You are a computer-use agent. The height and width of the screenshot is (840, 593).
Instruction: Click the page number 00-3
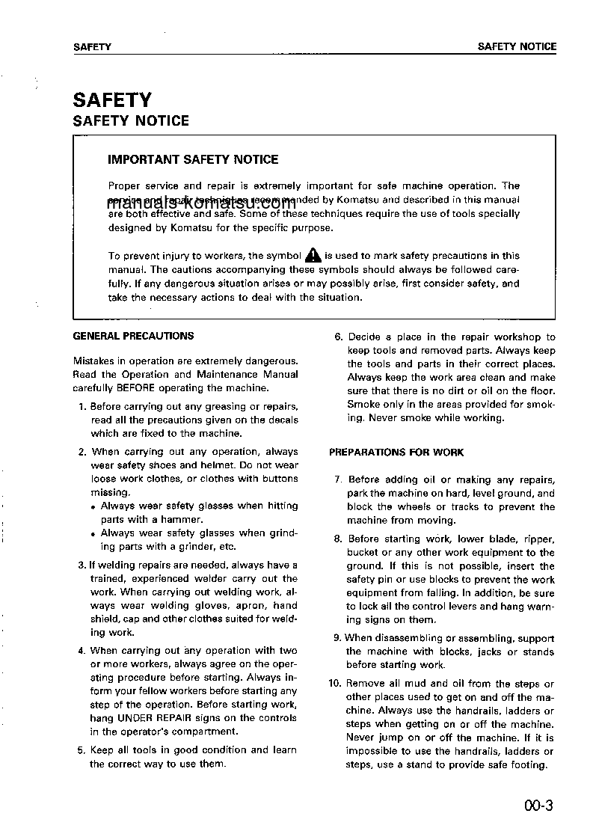pos(538,806)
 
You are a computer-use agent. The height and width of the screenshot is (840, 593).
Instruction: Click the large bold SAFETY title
pos(112,100)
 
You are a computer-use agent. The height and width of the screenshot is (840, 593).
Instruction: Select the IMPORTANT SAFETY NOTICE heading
pos(193,159)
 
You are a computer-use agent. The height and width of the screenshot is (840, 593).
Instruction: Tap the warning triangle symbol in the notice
pos(313,256)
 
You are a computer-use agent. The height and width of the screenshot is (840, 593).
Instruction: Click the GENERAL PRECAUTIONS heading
pos(133,336)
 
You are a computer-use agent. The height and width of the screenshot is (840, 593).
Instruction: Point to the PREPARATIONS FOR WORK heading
pos(396,453)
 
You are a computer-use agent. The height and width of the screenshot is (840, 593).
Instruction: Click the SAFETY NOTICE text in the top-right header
pos(517,46)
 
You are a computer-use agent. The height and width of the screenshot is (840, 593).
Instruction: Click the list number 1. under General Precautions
pos(82,407)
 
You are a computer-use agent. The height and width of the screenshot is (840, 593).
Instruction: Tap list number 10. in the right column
pos(335,684)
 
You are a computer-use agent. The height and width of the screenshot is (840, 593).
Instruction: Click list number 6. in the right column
pos(338,337)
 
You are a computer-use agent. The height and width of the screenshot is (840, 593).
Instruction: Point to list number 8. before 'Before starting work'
pos(338,539)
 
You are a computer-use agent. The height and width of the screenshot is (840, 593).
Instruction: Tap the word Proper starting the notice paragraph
pos(123,186)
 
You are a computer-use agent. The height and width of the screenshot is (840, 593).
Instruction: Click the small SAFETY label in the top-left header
pos(92,47)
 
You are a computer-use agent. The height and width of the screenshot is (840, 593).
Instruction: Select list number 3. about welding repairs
pos(82,565)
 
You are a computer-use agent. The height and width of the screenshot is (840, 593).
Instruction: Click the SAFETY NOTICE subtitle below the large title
pos(131,121)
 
